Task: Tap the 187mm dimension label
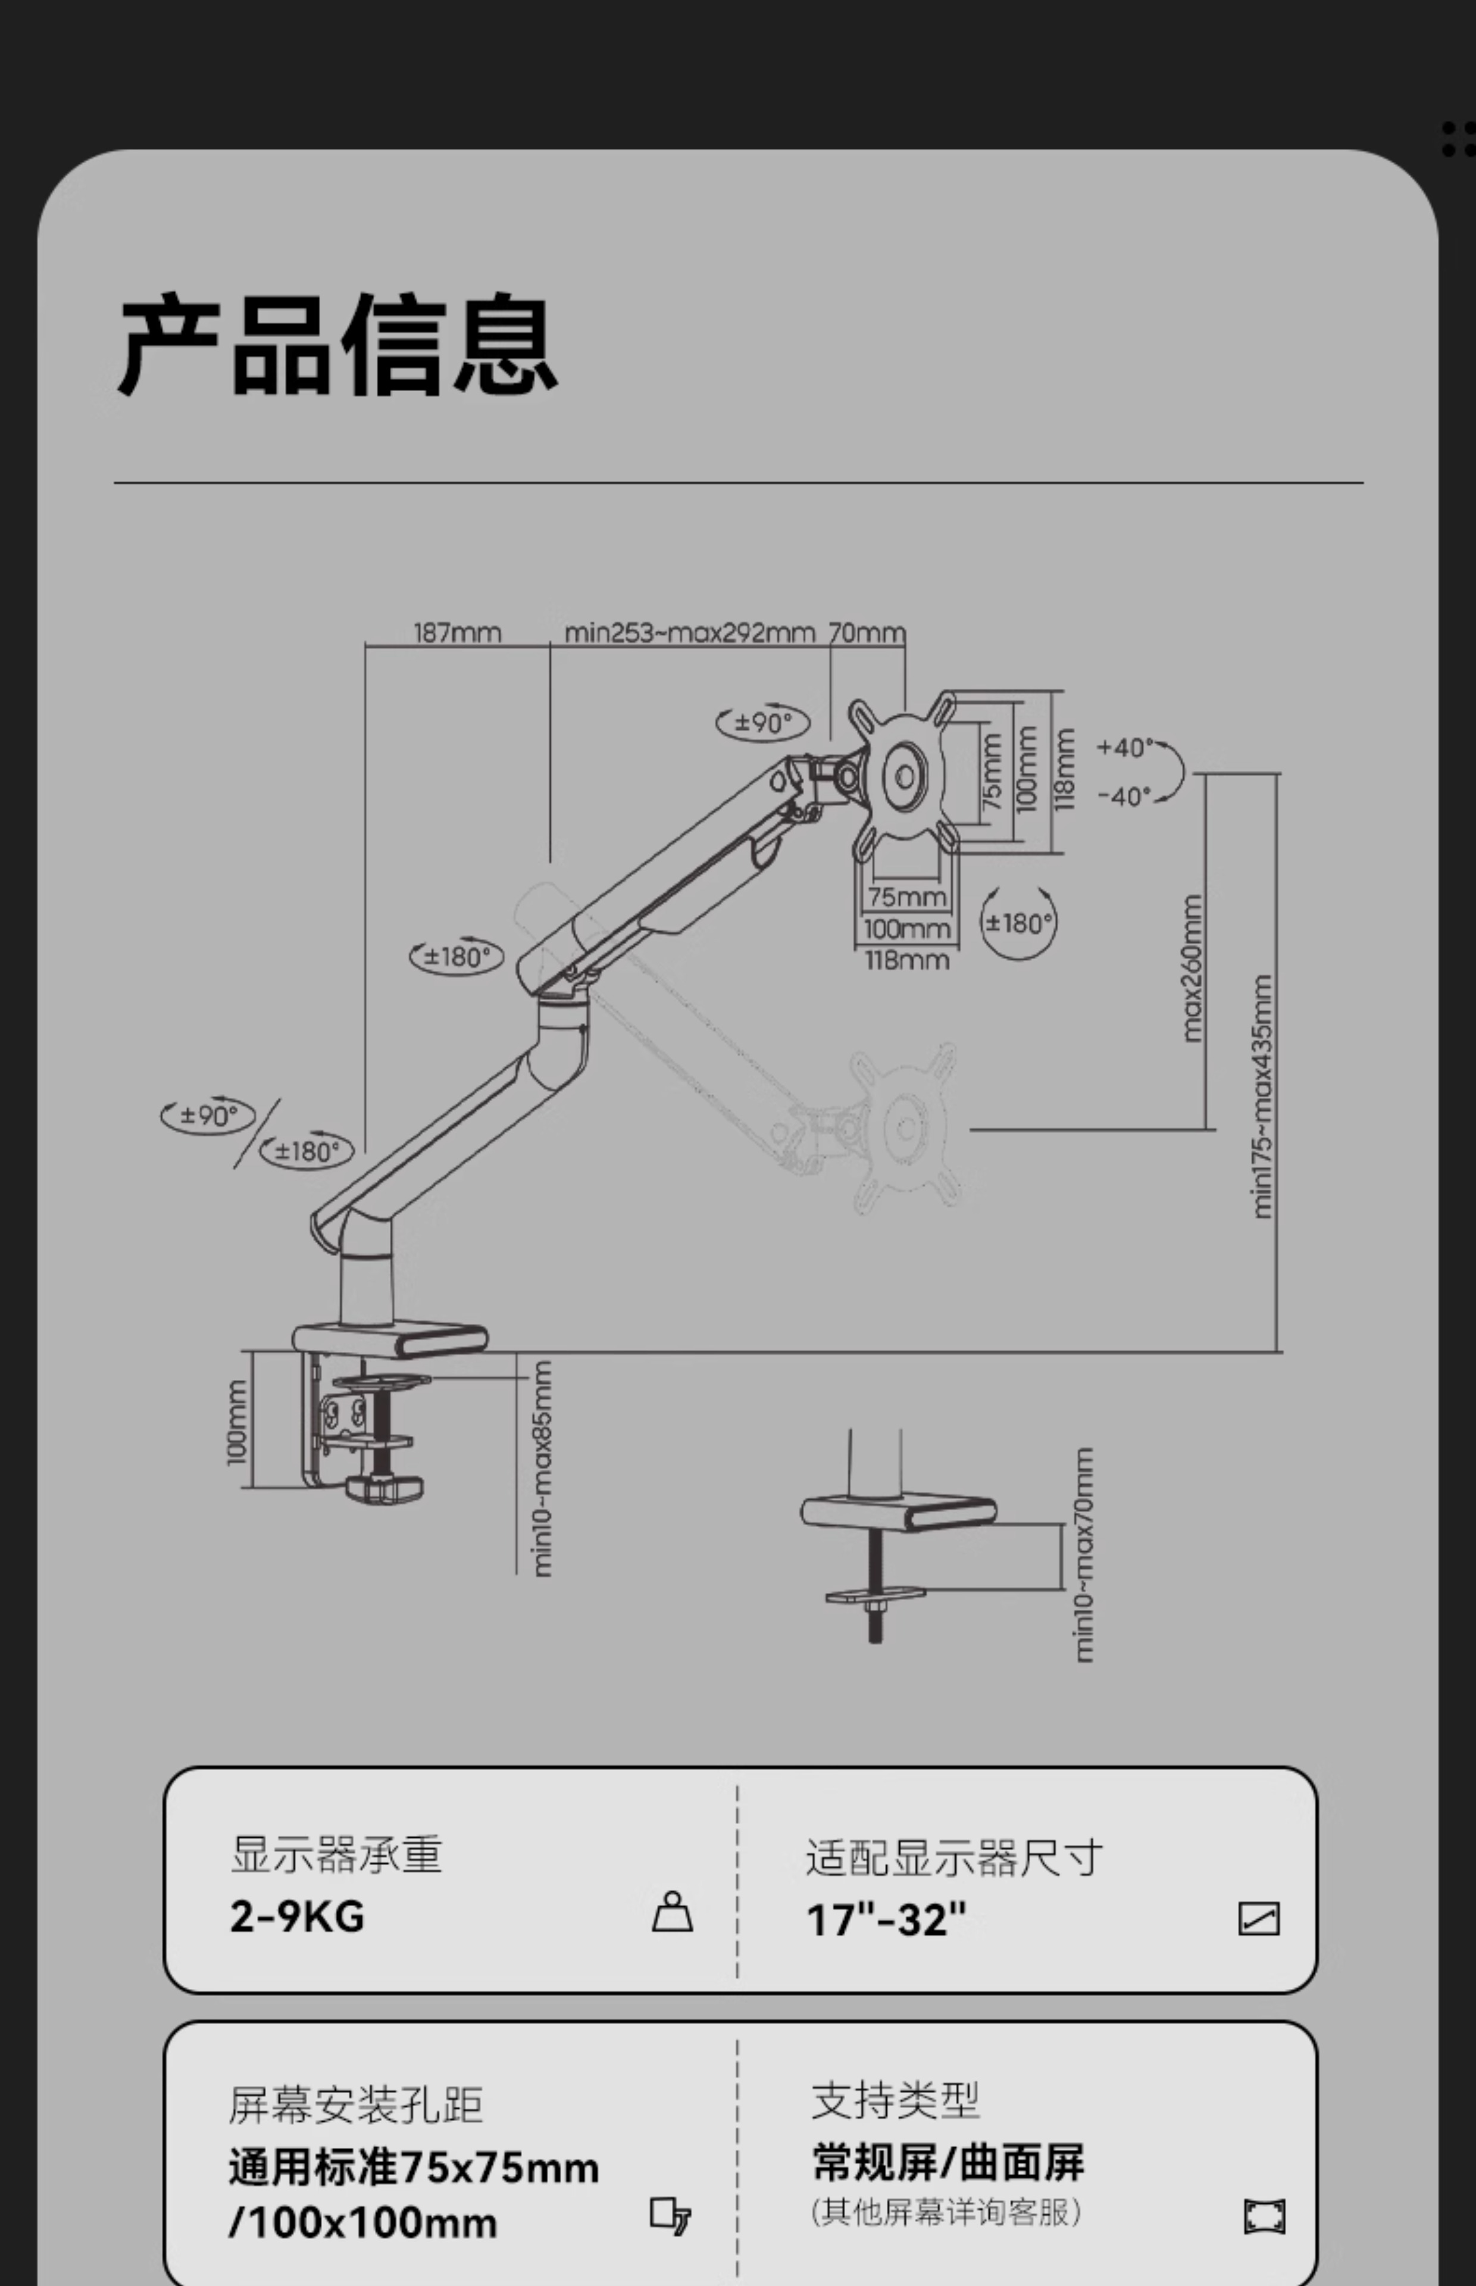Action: tap(457, 633)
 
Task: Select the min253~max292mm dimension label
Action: tap(689, 633)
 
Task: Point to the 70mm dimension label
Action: tap(867, 633)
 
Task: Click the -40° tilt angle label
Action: tap(1122, 795)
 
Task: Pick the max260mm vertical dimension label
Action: tap(1192, 968)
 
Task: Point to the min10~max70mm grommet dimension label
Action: tap(1083, 1555)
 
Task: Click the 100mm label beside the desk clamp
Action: tap(237, 1422)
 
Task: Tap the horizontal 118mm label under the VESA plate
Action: tap(906, 960)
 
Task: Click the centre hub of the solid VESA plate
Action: tap(905, 777)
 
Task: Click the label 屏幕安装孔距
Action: tap(355, 2106)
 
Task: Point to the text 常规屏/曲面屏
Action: tap(948, 2163)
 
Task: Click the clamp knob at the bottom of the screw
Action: tap(383, 1488)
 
